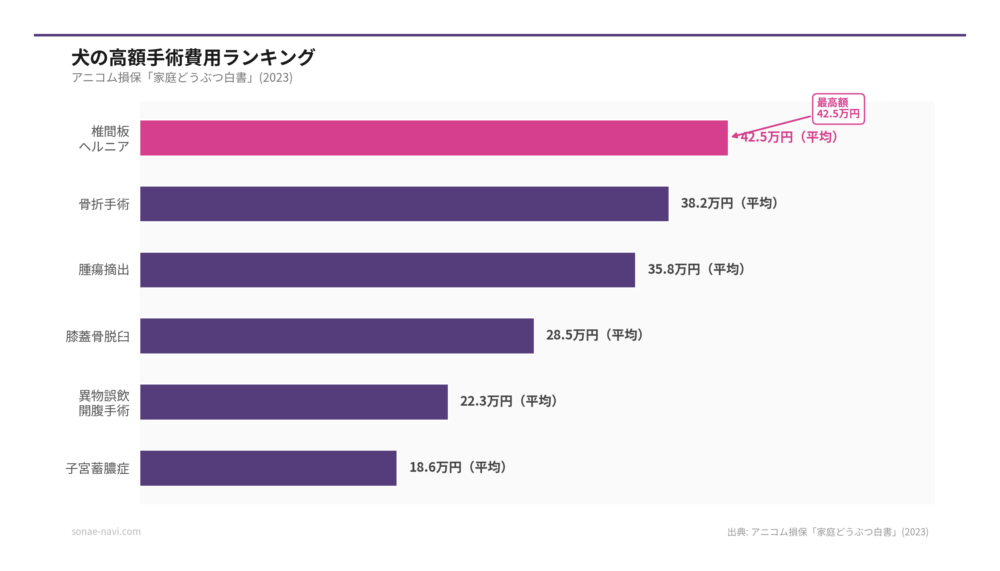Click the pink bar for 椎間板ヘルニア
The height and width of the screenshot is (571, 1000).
(434, 138)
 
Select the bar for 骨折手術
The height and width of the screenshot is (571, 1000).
(404, 204)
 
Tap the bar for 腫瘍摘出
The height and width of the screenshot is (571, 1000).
(387, 270)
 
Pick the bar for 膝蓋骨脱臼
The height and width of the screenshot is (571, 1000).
(337, 336)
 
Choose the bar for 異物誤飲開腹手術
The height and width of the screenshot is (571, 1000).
(294, 402)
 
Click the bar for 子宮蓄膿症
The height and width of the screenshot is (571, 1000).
(268, 468)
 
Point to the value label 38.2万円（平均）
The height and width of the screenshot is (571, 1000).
(729, 203)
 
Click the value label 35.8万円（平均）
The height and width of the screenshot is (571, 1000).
(696, 269)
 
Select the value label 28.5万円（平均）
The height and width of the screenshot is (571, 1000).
(594, 335)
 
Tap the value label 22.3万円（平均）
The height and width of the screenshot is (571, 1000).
(508, 401)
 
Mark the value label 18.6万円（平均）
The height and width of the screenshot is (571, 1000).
(458, 467)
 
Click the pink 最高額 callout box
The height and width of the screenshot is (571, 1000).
(838, 109)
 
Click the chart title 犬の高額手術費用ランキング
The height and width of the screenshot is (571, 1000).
(193, 58)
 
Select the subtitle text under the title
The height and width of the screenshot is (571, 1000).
(182, 78)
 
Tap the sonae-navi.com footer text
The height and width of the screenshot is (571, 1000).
(106, 532)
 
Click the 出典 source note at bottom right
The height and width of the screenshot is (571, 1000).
(828, 532)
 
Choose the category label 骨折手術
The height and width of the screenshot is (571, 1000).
(104, 204)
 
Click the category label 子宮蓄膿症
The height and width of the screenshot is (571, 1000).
(97, 468)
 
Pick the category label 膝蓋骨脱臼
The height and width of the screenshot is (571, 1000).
(97, 336)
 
